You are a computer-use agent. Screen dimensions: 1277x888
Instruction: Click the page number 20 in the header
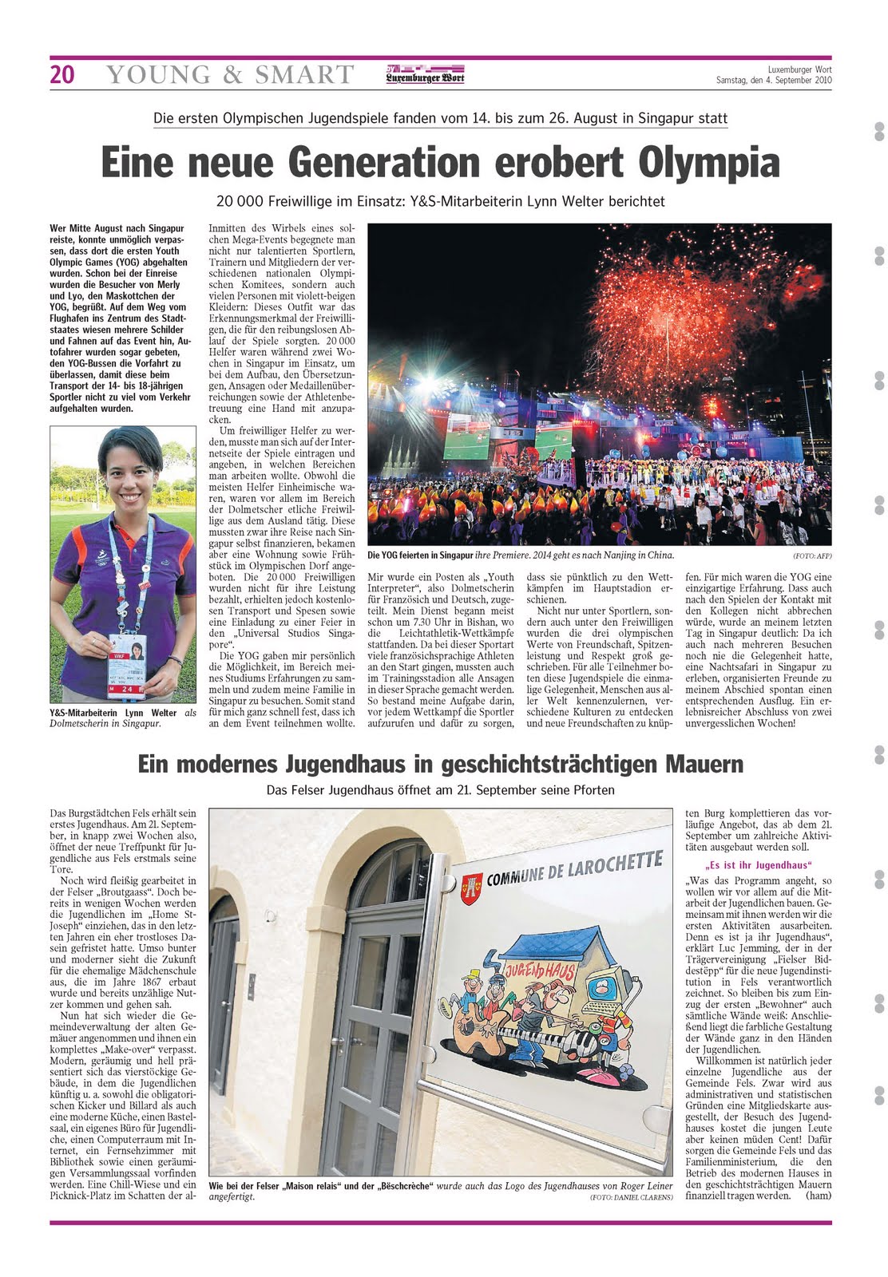[x=62, y=74]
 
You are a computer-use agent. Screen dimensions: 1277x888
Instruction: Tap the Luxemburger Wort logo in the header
[x=425, y=74]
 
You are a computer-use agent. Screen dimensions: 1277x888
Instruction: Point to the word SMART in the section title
[x=304, y=74]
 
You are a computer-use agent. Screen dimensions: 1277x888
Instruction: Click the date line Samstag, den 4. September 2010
[x=773, y=80]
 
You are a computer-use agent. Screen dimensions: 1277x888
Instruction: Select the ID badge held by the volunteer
[x=128, y=664]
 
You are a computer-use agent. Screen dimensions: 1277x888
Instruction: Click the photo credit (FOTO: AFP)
[x=811, y=555]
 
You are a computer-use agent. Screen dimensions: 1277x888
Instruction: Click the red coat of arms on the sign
[x=471, y=884]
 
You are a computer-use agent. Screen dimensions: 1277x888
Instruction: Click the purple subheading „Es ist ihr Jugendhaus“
[x=758, y=865]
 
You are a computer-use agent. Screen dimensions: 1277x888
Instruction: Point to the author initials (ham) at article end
[x=818, y=1195]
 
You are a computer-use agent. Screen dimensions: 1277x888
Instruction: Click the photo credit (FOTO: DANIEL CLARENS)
[x=631, y=1197]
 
